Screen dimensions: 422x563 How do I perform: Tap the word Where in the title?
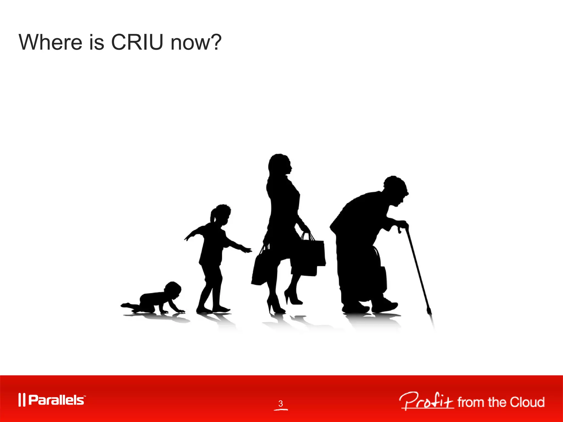pos(50,43)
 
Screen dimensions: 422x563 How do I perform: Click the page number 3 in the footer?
pos(280,403)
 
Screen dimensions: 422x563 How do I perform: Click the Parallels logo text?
pos(56,400)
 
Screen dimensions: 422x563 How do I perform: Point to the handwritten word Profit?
pos(426,401)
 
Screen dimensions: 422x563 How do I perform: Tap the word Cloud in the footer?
pos(527,402)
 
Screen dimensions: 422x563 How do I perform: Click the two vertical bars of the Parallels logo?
pos(22,400)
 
